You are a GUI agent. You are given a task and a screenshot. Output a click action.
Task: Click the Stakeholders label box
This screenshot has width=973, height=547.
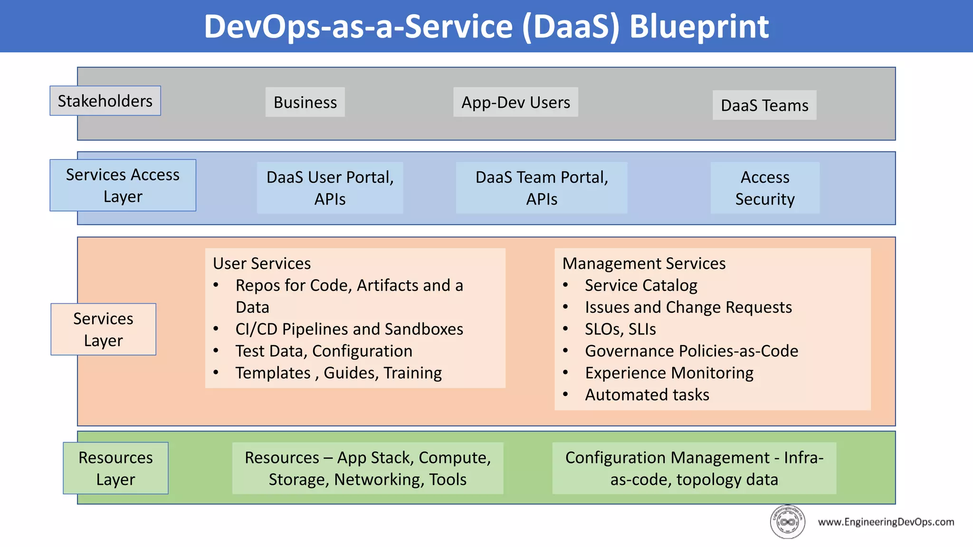(105, 101)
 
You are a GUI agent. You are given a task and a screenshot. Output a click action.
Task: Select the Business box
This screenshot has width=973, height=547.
(305, 102)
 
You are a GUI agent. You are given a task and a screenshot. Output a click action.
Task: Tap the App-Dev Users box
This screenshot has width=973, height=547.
(515, 102)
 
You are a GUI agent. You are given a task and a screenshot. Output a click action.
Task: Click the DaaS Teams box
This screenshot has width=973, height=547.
(764, 105)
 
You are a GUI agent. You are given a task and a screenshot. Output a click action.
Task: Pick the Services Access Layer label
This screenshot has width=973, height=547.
(123, 185)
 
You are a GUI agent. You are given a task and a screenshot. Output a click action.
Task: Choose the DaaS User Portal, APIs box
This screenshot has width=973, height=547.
(330, 188)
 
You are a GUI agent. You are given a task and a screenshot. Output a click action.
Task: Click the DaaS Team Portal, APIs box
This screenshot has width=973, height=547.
(541, 188)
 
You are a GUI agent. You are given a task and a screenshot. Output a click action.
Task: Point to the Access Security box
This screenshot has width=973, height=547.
(764, 188)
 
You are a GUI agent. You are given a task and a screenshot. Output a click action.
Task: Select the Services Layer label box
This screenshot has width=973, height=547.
(103, 329)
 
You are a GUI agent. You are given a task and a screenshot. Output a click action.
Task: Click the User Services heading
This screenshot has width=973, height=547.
(262, 263)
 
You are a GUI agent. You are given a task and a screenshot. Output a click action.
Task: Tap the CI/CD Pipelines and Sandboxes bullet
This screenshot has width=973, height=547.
(349, 329)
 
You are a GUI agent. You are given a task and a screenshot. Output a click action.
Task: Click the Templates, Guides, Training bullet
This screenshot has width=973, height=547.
(338, 373)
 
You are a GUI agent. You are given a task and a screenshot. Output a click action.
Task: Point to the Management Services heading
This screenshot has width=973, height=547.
(644, 263)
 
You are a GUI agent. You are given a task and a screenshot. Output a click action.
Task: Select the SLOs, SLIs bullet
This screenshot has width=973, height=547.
(620, 329)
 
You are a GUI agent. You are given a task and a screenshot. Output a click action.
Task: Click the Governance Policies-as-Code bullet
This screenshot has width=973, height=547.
(691, 351)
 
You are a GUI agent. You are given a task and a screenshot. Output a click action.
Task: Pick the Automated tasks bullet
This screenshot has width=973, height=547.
(647, 395)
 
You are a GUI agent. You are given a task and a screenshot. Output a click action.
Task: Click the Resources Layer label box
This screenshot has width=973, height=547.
(115, 468)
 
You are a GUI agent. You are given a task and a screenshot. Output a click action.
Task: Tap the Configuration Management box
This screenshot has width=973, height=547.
(694, 468)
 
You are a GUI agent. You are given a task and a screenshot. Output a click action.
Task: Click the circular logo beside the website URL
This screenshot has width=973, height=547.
(787, 522)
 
